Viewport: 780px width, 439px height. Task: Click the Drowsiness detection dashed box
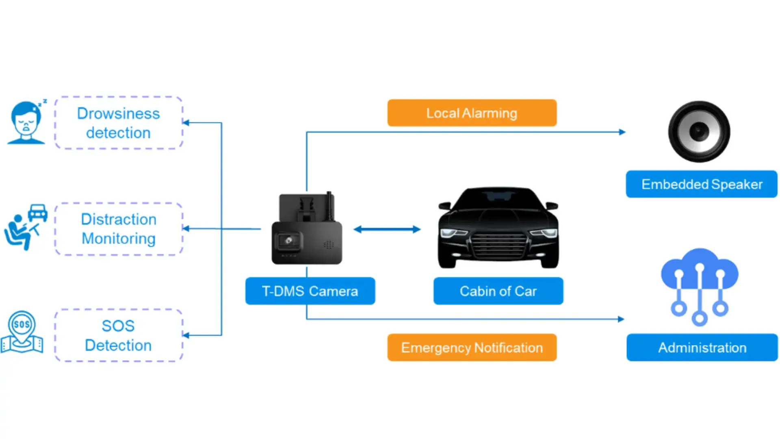[x=119, y=123]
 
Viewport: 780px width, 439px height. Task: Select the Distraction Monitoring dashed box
[x=119, y=229]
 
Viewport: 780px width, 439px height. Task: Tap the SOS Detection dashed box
[x=119, y=335]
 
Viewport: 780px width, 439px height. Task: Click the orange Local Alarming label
[x=472, y=113]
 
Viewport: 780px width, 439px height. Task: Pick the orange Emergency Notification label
[x=472, y=348]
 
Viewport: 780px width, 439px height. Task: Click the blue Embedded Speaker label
[x=702, y=184]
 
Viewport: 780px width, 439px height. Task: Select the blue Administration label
[x=702, y=348]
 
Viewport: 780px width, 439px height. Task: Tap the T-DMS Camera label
[x=310, y=291]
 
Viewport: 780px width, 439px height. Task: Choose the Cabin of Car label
[x=498, y=291]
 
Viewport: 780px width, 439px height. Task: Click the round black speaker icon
[x=699, y=131]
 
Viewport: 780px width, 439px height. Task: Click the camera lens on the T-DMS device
[x=289, y=240]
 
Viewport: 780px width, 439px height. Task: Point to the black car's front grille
[x=498, y=245]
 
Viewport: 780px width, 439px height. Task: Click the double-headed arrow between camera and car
[x=387, y=229]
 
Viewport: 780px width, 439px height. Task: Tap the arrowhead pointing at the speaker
[x=622, y=132]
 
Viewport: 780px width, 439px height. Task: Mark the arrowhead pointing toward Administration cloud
[x=621, y=319]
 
